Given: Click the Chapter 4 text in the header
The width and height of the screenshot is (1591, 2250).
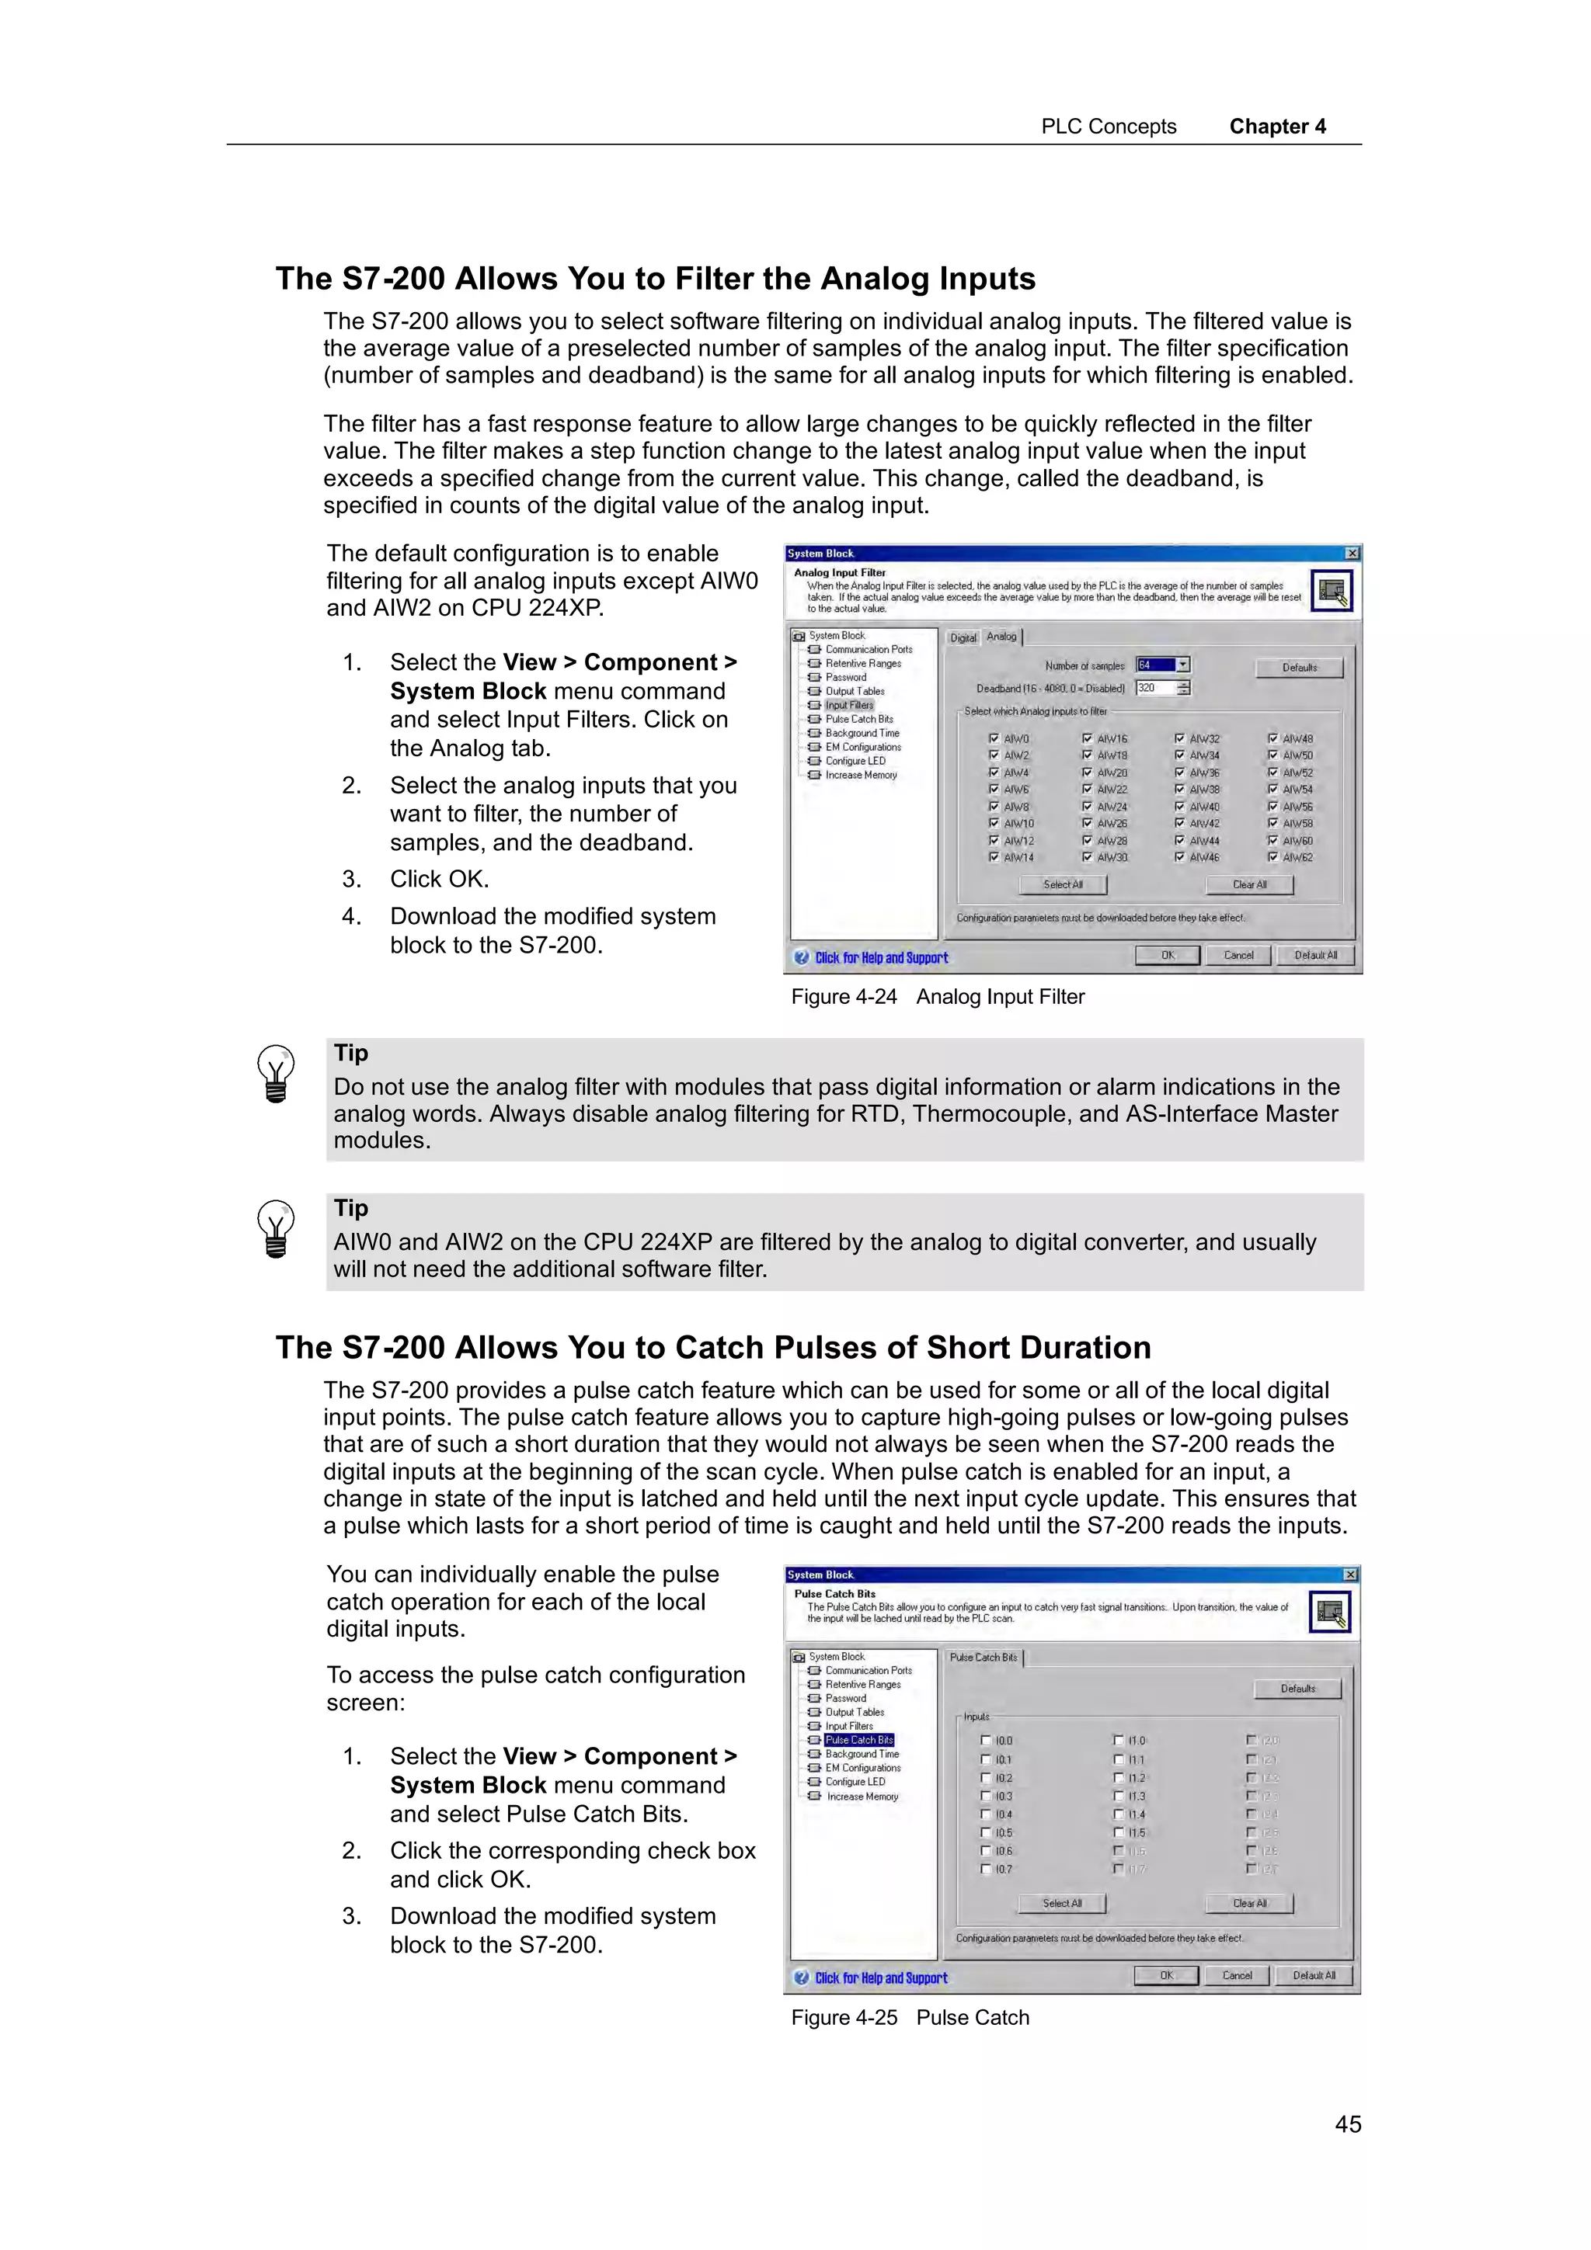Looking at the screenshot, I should (1276, 127).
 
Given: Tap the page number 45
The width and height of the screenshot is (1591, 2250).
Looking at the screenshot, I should (1347, 2123).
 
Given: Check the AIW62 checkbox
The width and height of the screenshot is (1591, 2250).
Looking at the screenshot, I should (1272, 857).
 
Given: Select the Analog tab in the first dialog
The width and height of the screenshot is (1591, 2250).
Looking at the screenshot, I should (1001, 637).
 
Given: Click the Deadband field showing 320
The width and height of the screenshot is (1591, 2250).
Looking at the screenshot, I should (1154, 688).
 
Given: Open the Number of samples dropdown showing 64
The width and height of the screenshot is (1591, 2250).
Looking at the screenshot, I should (1183, 665).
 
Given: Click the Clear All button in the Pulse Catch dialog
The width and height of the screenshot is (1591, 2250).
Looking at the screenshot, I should (1249, 1903).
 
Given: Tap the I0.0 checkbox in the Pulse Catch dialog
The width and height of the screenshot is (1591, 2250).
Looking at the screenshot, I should (986, 1741).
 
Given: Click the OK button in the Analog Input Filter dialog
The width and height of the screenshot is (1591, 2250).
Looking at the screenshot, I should (1167, 956).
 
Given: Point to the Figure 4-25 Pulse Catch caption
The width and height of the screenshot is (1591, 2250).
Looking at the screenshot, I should (910, 2018).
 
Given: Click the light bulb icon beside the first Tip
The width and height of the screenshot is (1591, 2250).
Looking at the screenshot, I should (276, 1074).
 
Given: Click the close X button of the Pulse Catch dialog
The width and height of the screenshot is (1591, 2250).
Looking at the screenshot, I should (1350, 1575).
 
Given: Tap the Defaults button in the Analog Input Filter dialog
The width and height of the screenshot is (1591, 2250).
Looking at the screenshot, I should (1299, 668).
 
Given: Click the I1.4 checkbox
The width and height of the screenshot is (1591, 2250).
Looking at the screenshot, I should (1119, 1814).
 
